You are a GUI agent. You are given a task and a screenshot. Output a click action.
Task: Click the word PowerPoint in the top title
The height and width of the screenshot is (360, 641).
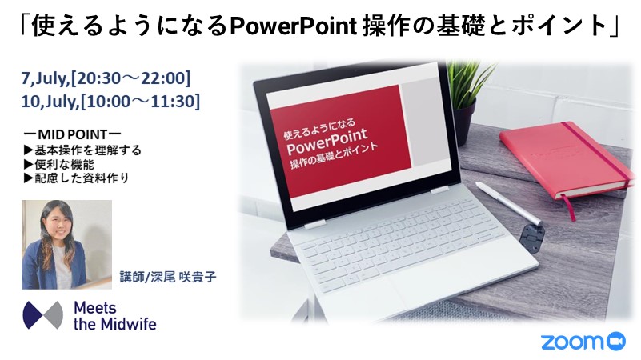click(294, 26)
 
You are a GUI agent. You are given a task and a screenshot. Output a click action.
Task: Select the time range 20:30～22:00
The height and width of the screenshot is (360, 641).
click(130, 78)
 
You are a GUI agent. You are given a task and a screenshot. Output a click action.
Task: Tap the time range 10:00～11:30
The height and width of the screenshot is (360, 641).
click(140, 102)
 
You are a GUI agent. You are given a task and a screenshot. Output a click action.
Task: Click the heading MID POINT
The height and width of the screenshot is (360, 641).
click(72, 134)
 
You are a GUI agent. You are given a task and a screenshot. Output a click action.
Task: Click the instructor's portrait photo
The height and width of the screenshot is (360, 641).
click(66, 244)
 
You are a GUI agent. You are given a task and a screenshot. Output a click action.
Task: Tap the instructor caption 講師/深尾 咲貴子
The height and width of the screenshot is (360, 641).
click(167, 277)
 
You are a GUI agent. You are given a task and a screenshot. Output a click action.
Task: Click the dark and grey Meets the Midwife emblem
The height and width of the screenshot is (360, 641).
click(43, 315)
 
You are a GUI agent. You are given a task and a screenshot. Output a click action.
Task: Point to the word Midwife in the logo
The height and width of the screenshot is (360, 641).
click(129, 324)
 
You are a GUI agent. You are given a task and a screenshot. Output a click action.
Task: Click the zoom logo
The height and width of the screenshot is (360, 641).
click(583, 341)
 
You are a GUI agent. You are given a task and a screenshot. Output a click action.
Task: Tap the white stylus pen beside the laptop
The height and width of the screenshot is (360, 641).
click(507, 202)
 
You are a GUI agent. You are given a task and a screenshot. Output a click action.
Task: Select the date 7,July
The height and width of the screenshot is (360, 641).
click(44, 78)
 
